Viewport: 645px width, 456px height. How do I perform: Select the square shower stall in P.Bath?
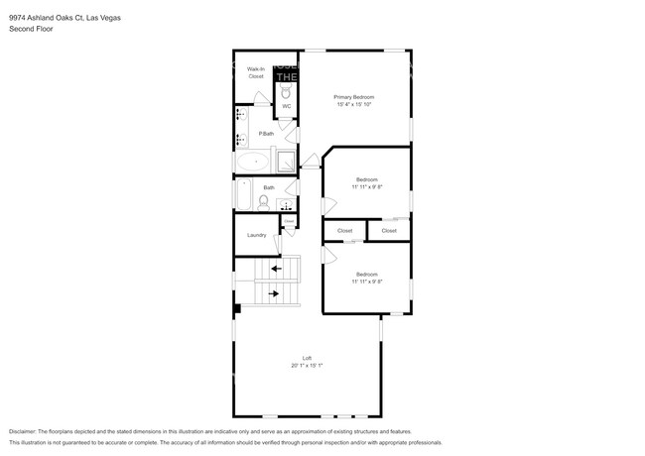click(x=285, y=161)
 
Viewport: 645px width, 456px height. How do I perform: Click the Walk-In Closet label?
click(x=255, y=72)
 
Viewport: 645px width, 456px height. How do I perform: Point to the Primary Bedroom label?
click(x=354, y=97)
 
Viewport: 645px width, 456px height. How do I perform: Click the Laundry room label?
click(x=256, y=235)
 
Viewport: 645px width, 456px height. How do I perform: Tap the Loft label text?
click(x=308, y=358)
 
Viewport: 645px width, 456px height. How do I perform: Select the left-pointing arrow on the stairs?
click(x=277, y=268)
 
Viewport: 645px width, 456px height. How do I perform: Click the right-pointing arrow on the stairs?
click(x=273, y=292)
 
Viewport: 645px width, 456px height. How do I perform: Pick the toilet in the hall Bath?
click(x=263, y=201)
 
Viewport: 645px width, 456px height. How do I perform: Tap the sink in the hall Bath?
click(x=286, y=206)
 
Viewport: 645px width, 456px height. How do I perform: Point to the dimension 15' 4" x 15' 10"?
click(x=354, y=105)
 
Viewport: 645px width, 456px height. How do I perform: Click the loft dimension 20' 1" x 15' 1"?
click(x=308, y=366)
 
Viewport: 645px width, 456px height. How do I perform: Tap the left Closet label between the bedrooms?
click(x=344, y=231)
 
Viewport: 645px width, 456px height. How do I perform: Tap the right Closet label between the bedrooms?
click(x=389, y=231)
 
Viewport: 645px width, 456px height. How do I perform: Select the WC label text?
click(x=286, y=106)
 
